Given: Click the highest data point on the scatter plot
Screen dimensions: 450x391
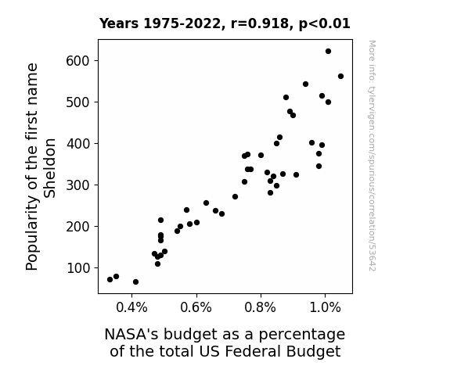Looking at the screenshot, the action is click(328, 52).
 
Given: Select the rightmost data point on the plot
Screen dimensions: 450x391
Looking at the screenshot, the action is click(340, 77).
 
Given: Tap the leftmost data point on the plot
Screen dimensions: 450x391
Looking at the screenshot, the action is click(110, 279).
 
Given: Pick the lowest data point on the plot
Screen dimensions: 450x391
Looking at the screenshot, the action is click(135, 282).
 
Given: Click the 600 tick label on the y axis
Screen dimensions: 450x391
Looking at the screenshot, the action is click(78, 61).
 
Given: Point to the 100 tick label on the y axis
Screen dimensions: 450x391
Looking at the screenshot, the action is click(78, 268).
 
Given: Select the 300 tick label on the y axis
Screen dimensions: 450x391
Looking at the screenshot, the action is click(78, 185).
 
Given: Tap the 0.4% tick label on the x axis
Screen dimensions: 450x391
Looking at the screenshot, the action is click(131, 308).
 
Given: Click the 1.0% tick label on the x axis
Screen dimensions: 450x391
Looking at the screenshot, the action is click(325, 308).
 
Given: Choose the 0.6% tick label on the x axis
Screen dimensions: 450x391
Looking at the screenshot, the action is click(196, 308).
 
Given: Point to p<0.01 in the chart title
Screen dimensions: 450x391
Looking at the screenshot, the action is click(325, 24).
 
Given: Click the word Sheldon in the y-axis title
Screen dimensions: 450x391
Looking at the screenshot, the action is click(49, 168).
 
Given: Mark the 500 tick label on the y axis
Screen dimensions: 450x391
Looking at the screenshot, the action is click(78, 102).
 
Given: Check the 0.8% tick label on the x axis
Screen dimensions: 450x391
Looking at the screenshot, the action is click(261, 308).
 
